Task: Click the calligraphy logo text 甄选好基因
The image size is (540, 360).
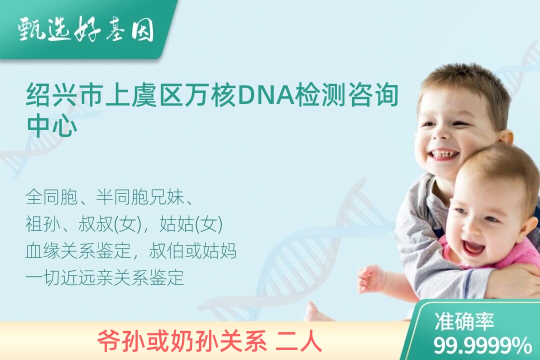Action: tap(86, 29)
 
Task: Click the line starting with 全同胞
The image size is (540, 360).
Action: tap(109, 197)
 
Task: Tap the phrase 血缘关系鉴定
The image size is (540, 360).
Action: tap(78, 251)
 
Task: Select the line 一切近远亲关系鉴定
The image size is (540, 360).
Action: tap(104, 277)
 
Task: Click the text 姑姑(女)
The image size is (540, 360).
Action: tap(191, 224)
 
